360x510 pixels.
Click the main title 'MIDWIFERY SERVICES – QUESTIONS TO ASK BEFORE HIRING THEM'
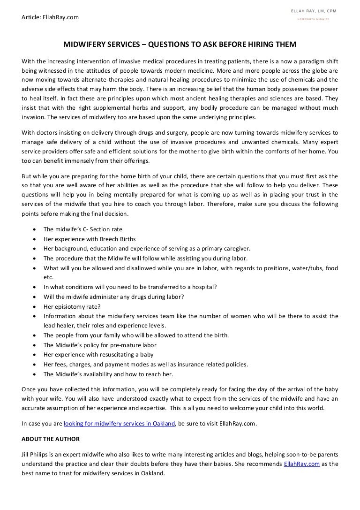coord(180,45)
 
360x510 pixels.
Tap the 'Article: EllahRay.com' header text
coord(50,17)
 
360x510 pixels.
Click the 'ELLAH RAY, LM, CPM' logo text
coord(315,11)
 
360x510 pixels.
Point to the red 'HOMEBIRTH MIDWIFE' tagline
coord(315,19)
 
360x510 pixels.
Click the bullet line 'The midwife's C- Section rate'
coord(82,229)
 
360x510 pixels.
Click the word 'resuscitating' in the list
coord(109,355)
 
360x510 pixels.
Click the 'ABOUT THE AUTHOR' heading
coord(51,439)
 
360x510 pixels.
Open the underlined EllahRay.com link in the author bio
coord(302,464)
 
